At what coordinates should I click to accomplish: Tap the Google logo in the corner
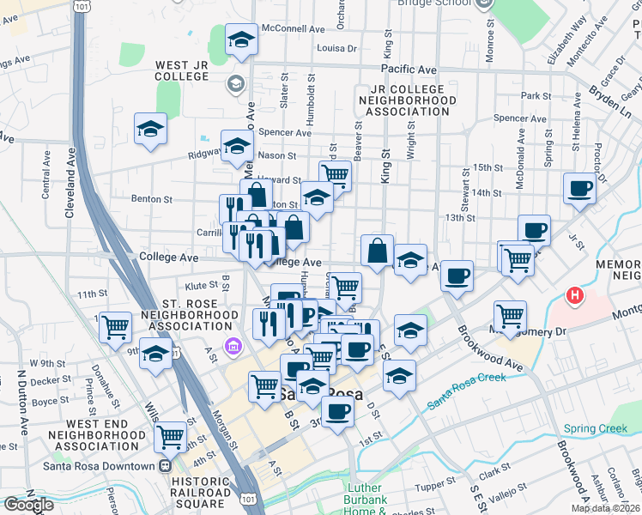[28, 505]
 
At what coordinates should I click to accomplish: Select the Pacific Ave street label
[409, 70]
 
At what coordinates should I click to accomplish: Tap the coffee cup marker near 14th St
[579, 189]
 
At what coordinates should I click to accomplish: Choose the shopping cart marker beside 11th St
[116, 327]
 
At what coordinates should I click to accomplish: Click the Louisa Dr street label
[337, 49]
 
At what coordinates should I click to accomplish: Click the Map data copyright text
[606, 508]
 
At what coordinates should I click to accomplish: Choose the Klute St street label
[201, 284]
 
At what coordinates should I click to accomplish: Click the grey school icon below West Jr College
[235, 84]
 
